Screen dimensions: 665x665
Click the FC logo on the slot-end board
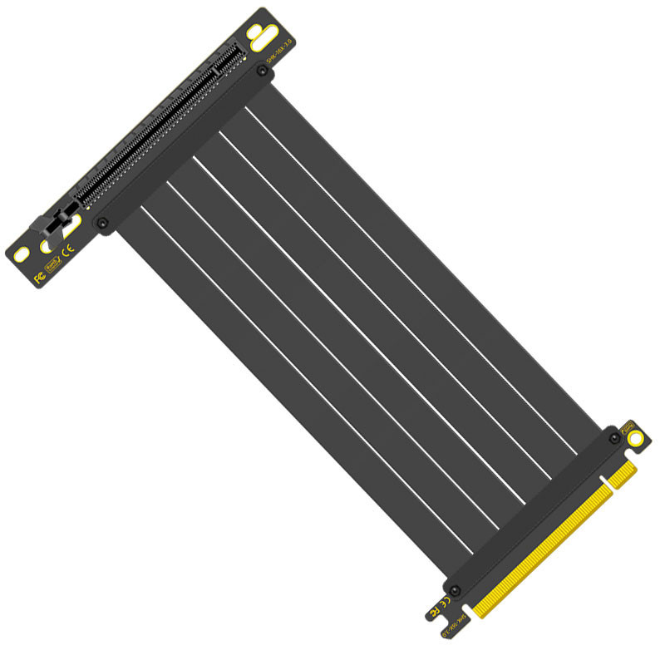tap(39, 276)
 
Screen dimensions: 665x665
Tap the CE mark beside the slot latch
tap(71, 248)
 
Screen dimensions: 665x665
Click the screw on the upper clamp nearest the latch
tap(102, 223)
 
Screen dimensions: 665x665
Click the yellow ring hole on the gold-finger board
tap(635, 437)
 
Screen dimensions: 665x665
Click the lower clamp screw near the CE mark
tap(454, 590)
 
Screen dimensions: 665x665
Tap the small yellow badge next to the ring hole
tap(628, 425)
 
